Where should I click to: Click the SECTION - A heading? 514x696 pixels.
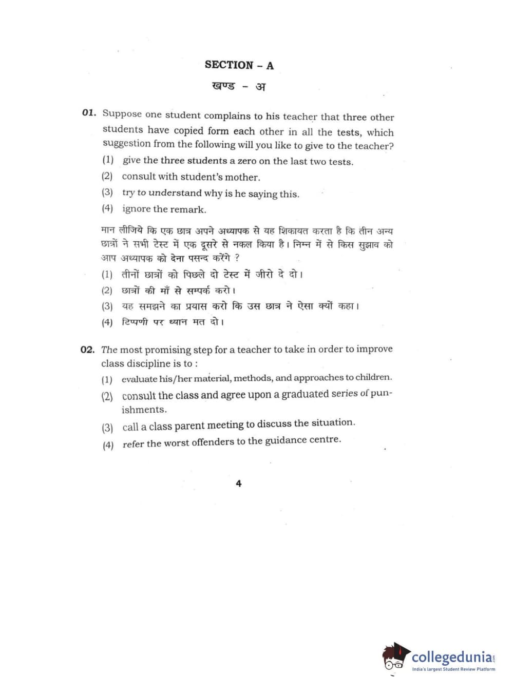(x=239, y=65)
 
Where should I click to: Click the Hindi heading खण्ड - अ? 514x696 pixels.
(x=239, y=86)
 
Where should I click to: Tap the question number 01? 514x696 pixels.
(x=89, y=113)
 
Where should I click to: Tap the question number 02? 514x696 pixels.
(x=87, y=350)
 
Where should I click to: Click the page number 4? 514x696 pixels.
(x=238, y=484)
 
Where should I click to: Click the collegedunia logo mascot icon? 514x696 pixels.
(x=395, y=656)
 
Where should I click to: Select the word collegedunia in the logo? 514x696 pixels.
(x=451, y=657)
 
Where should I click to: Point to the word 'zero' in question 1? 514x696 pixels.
(x=246, y=161)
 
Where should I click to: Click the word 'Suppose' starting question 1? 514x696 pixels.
(x=122, y=114)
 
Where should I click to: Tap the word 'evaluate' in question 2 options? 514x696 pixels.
(x=139, y=379)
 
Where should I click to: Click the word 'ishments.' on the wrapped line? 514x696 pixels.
(x=144, y=410)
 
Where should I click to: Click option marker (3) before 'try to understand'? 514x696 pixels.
(x=107, y=192)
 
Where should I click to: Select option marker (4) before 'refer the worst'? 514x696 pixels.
(x=108, y=444)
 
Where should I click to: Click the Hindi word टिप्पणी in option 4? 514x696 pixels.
(x=135, y=322)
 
